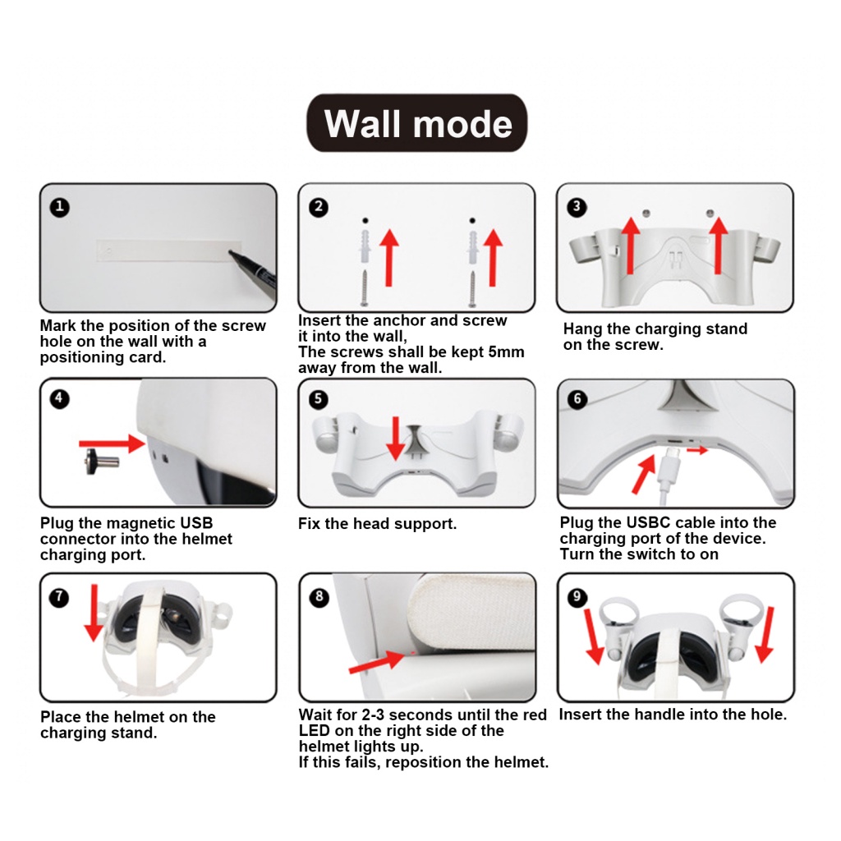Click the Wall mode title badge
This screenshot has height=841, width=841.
416,123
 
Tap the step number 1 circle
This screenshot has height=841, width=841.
59,207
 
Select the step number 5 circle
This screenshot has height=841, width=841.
319,400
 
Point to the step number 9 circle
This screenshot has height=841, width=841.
577,597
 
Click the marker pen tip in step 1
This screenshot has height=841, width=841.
231,251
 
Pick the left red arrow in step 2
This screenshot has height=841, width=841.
390,258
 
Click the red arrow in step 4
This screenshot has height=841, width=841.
112,443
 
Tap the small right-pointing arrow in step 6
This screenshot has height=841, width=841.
696,450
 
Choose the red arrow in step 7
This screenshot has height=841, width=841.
94,613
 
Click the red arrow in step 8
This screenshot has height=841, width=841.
376,663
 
